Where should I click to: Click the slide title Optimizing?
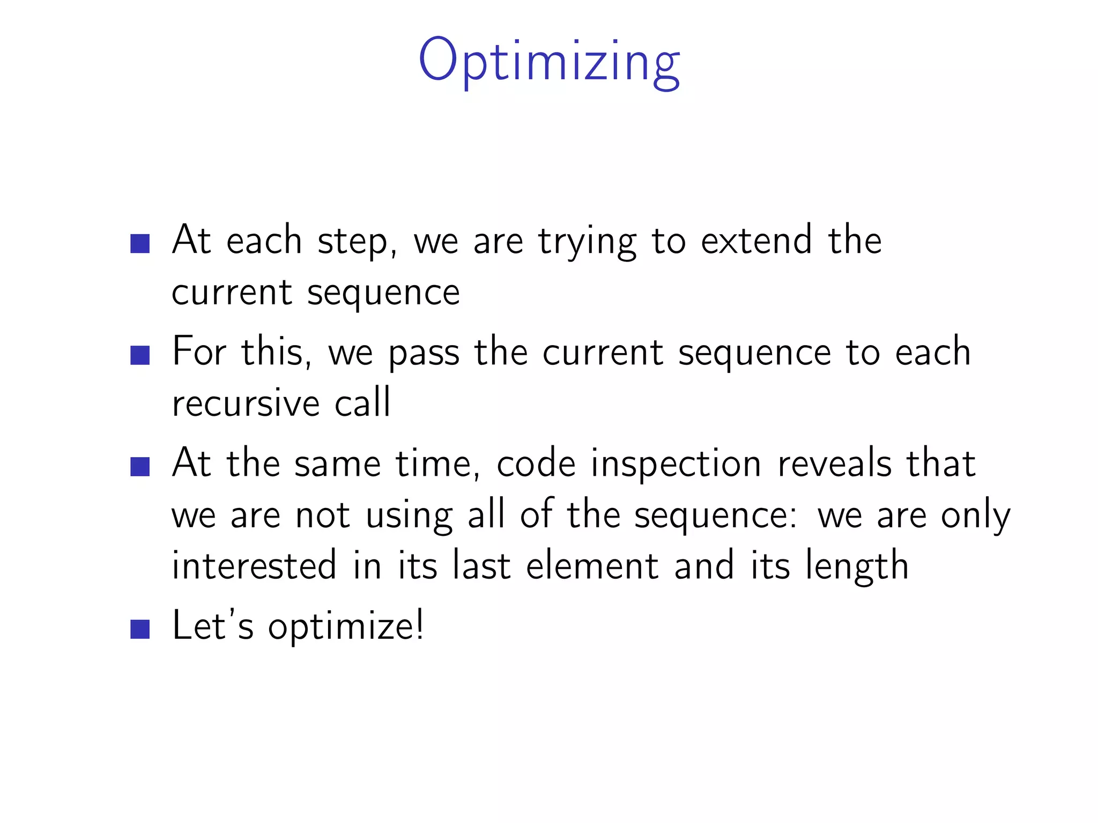[x=549, y=62]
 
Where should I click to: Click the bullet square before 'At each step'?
[x=140, y=243]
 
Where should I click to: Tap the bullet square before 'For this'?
[x=140, y=355]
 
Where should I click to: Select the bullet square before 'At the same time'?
[x=140, y=467]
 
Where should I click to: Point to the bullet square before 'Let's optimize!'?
[x=140, y=630]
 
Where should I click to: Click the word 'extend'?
[x=756, y=241]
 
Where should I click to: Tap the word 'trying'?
[x=587, y=242]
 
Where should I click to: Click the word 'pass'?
[x=424, y=354]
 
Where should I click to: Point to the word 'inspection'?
[x=676, y=464]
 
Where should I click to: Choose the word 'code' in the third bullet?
[x=536, y=463]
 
